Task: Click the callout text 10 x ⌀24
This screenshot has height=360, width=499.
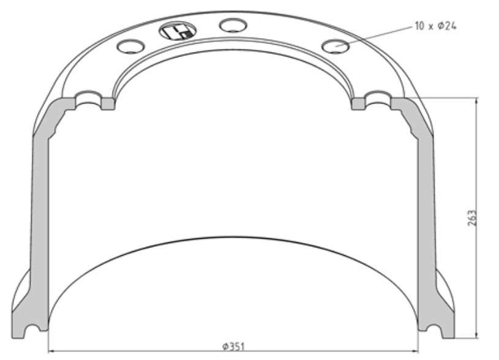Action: (x=435, y=26)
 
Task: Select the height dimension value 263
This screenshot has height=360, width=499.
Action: (x=472, y=218)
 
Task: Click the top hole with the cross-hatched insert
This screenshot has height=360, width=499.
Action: (x=178, y=31)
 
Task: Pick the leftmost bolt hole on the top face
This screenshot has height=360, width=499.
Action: (x=130, y=46)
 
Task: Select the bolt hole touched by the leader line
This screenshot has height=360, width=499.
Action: (x=336, y=45)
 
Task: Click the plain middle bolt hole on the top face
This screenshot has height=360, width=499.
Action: (x=233, y=25)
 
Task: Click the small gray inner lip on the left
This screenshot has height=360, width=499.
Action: (x=108, y=103)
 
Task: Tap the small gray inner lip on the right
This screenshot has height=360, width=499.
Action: (x=359, y=103)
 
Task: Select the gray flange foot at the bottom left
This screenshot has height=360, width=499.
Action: (x=29, y=312)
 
